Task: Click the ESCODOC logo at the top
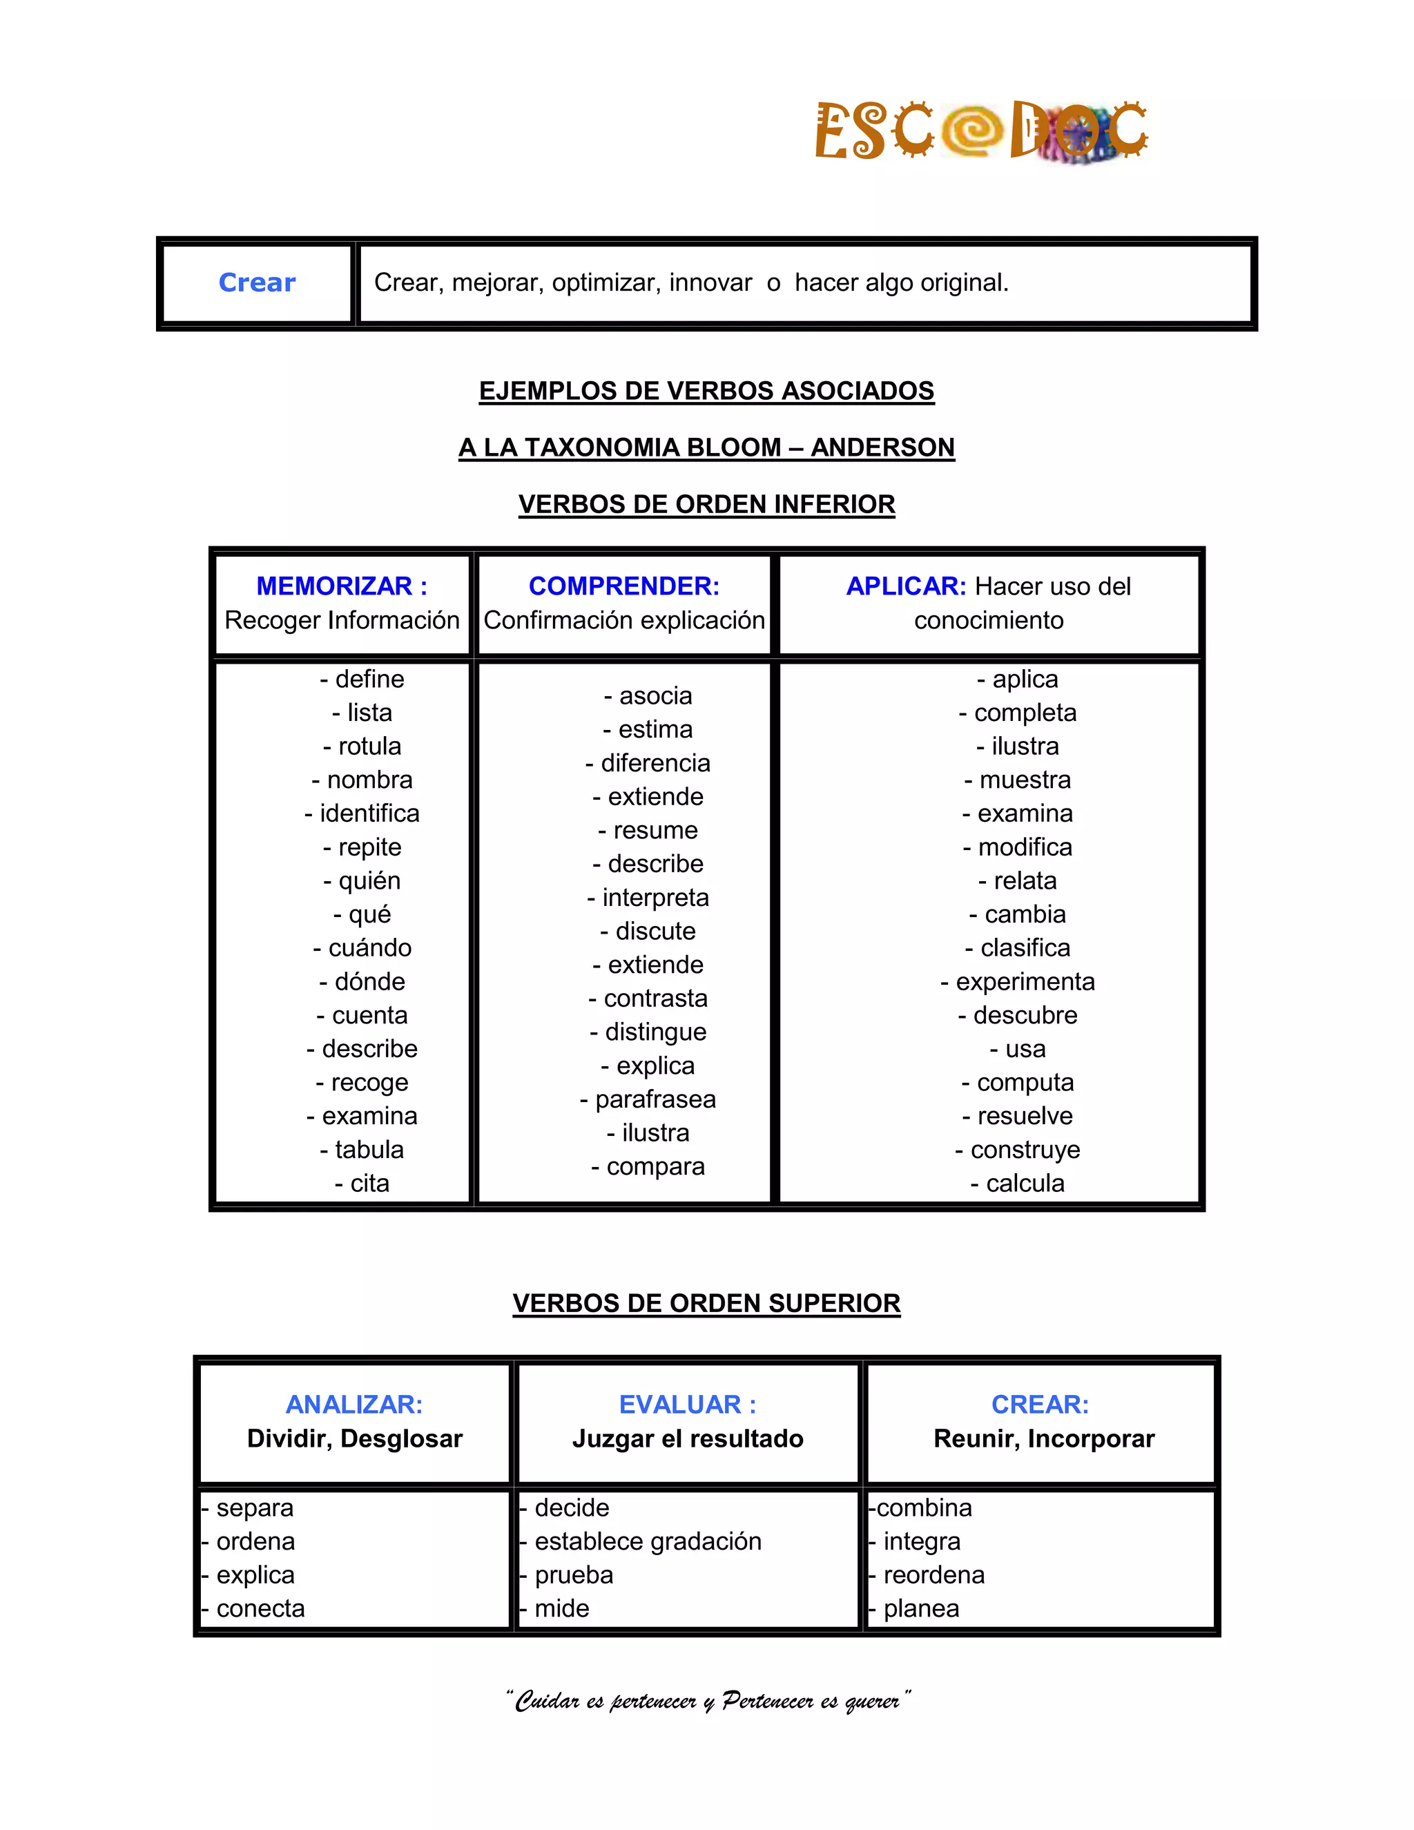[981, 131]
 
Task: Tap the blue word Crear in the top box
[257, 282]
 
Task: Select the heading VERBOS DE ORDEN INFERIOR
[706, 503]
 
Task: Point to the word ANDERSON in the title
[882, 447]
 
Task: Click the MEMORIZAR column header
[341, 586]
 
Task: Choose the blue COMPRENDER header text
[624, 586]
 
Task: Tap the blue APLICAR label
[906, 586]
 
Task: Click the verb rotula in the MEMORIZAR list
[369, 746]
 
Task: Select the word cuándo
[369, 947]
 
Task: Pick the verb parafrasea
[655, 1099]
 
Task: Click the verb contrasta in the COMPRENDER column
[655, 998]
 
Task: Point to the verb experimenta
[1025, 981]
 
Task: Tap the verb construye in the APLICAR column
[1025, 1149]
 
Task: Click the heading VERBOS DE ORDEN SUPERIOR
[706, 1303]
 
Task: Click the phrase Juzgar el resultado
[688, 1438]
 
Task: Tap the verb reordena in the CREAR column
[933, 1574]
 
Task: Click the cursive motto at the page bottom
[707, 1700]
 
